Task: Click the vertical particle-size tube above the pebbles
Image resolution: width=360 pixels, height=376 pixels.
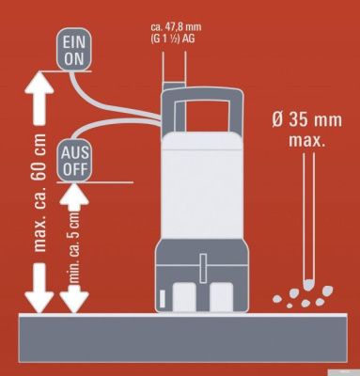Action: pyautogui.click(x=306, y=216)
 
